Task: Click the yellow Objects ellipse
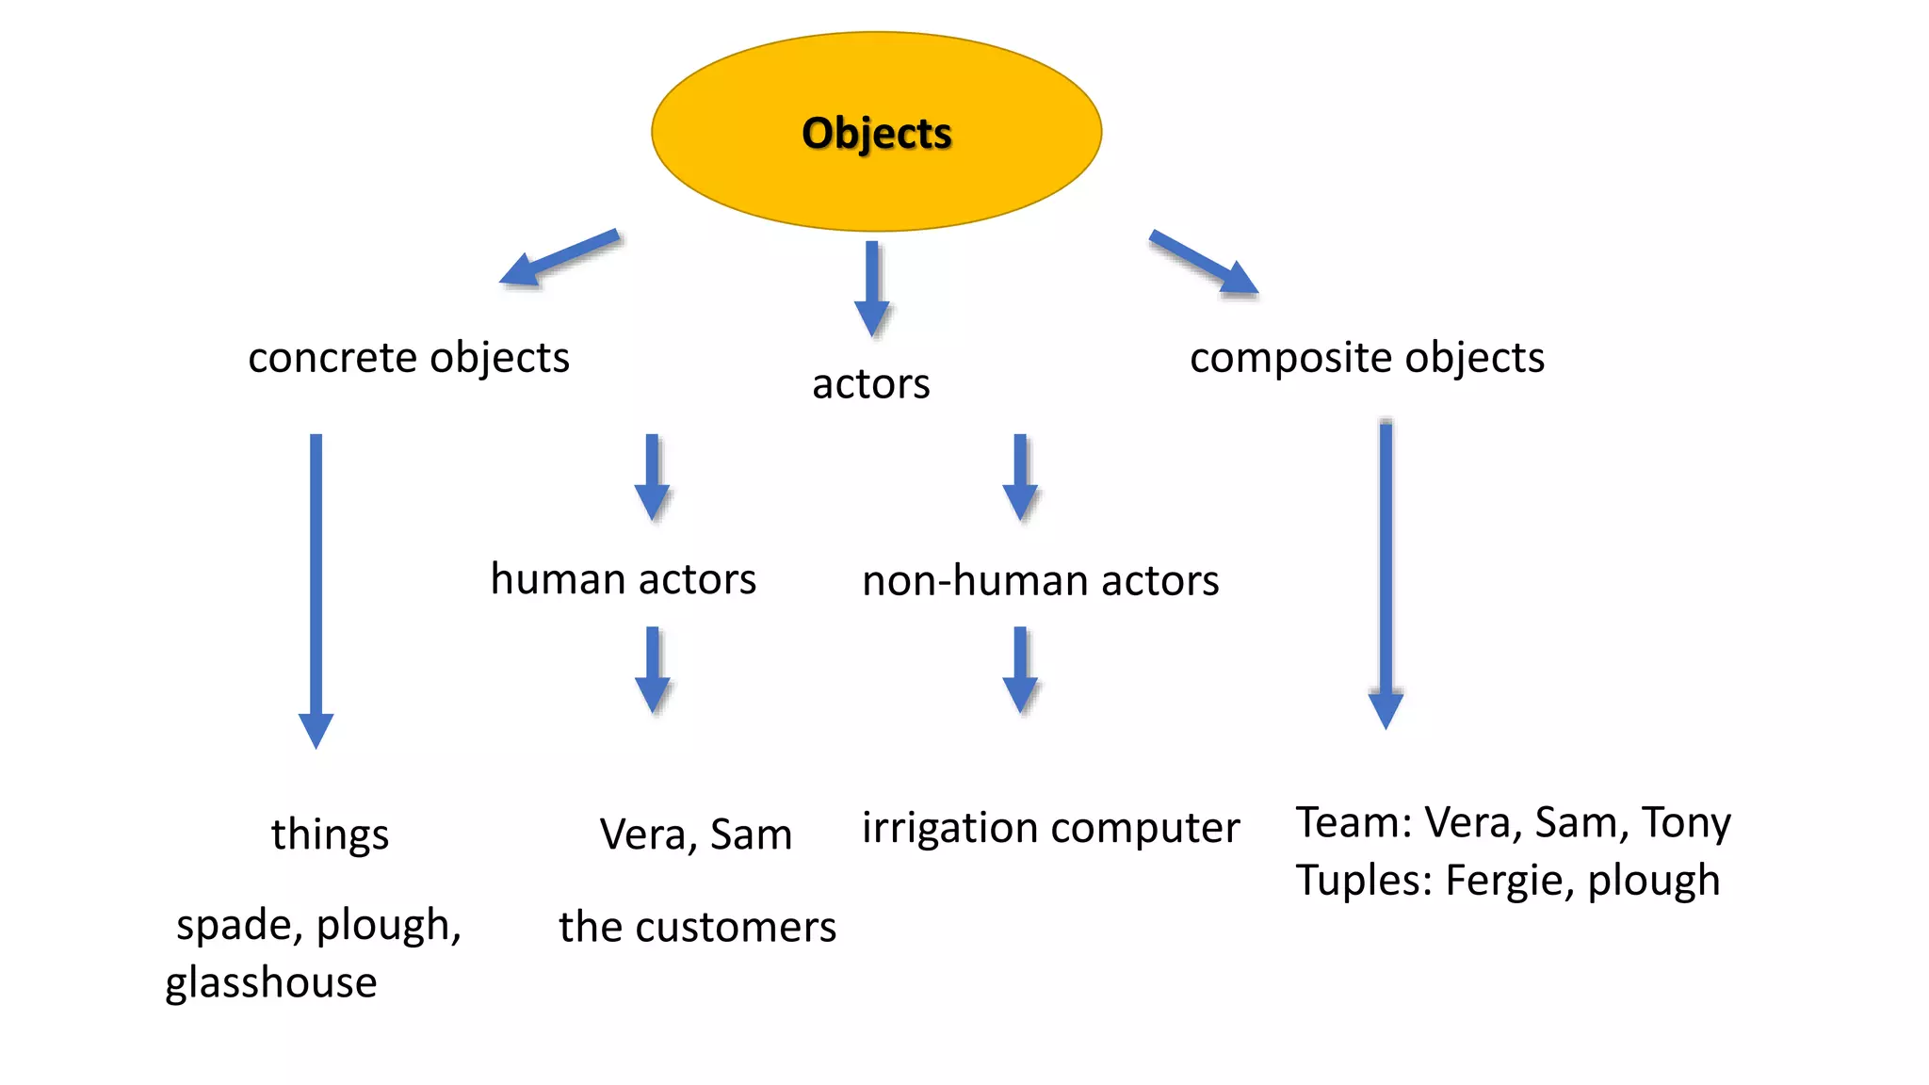click(876, 132)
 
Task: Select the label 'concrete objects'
click(409, 358)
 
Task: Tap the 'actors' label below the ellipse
click(870, 384)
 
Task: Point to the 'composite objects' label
click(1367, 358)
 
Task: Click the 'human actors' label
click(623, 579)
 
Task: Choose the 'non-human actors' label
click(1040, 581)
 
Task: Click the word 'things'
click(330, 834)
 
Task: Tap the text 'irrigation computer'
click(1050, 828)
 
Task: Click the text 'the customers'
click(697, 928)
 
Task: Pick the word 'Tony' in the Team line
click(1686, 823)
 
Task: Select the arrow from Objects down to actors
click(872, 287)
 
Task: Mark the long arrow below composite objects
click(1386, 575)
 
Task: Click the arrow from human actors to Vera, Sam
click(652, 670)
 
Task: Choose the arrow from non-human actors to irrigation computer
click(1020, 670)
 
